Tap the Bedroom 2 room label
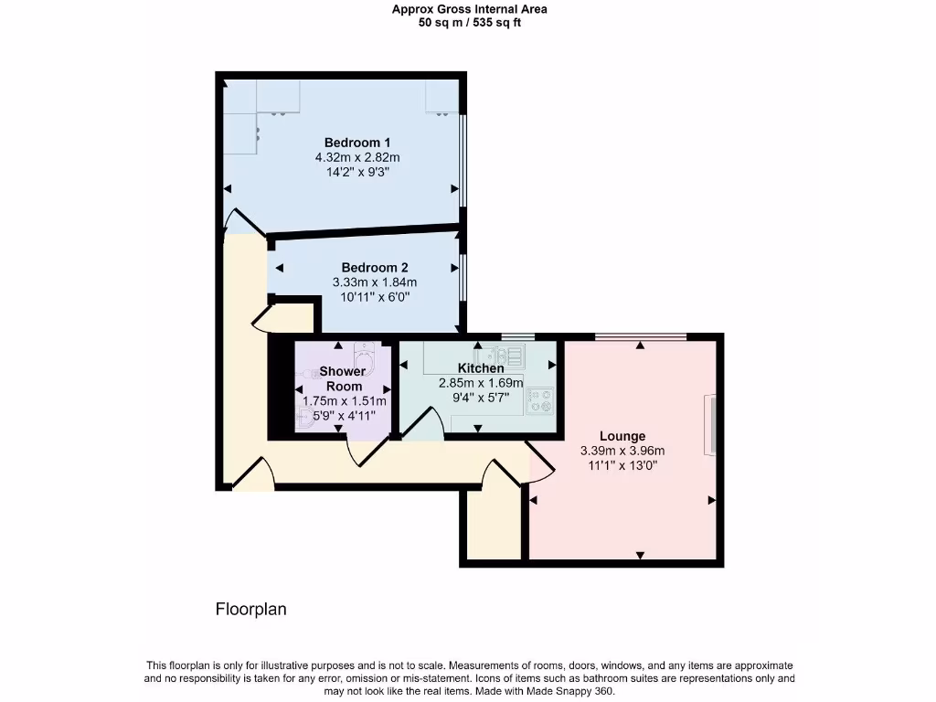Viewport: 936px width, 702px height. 362,268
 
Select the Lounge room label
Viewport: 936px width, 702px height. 622,436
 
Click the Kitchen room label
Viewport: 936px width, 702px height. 481,368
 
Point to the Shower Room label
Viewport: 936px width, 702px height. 342,378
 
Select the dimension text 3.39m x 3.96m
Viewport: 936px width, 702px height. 622,451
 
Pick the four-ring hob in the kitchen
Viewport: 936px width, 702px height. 539,399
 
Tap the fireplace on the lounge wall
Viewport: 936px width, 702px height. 709,425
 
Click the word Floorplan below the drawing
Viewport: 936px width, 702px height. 250,609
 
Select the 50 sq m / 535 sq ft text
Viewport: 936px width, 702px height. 470,23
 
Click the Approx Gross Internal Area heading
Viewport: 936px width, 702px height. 470,10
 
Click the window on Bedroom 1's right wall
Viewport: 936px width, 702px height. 462,160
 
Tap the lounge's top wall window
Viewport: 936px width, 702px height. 640,337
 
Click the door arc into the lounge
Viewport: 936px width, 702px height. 541,461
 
